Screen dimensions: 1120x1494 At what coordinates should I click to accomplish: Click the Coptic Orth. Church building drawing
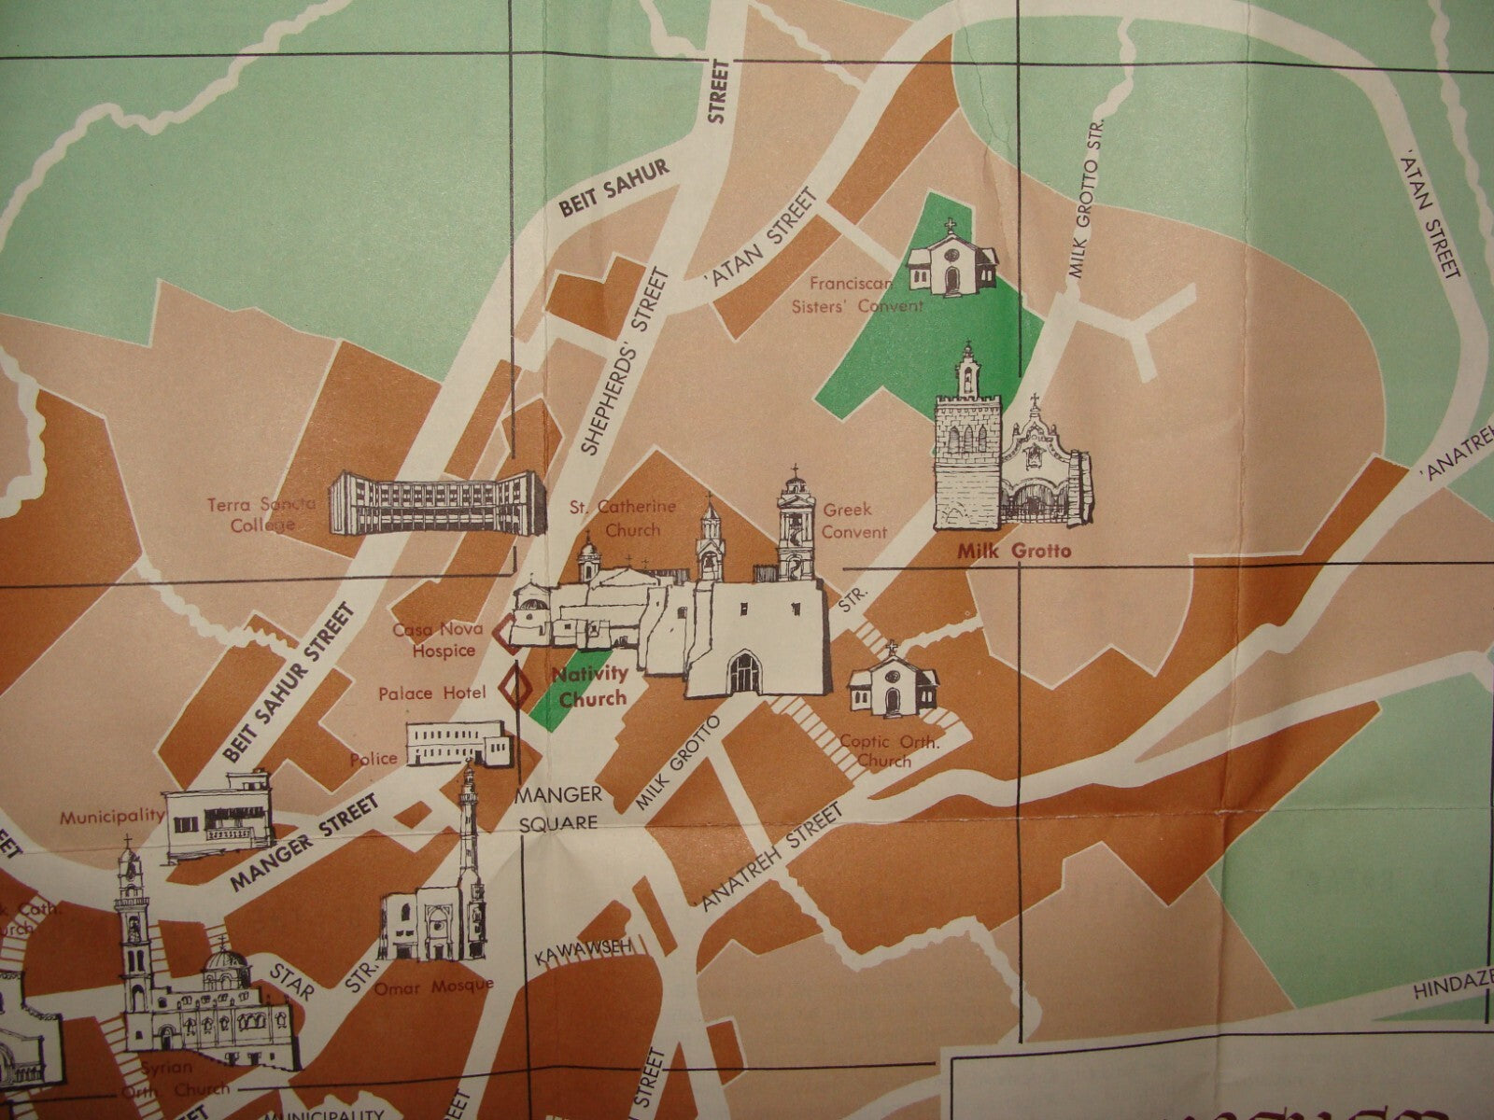[893, 682]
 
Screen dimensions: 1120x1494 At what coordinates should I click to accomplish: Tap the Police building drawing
[458, 744]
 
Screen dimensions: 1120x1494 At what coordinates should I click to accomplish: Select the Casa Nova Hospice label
[434, 640]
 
